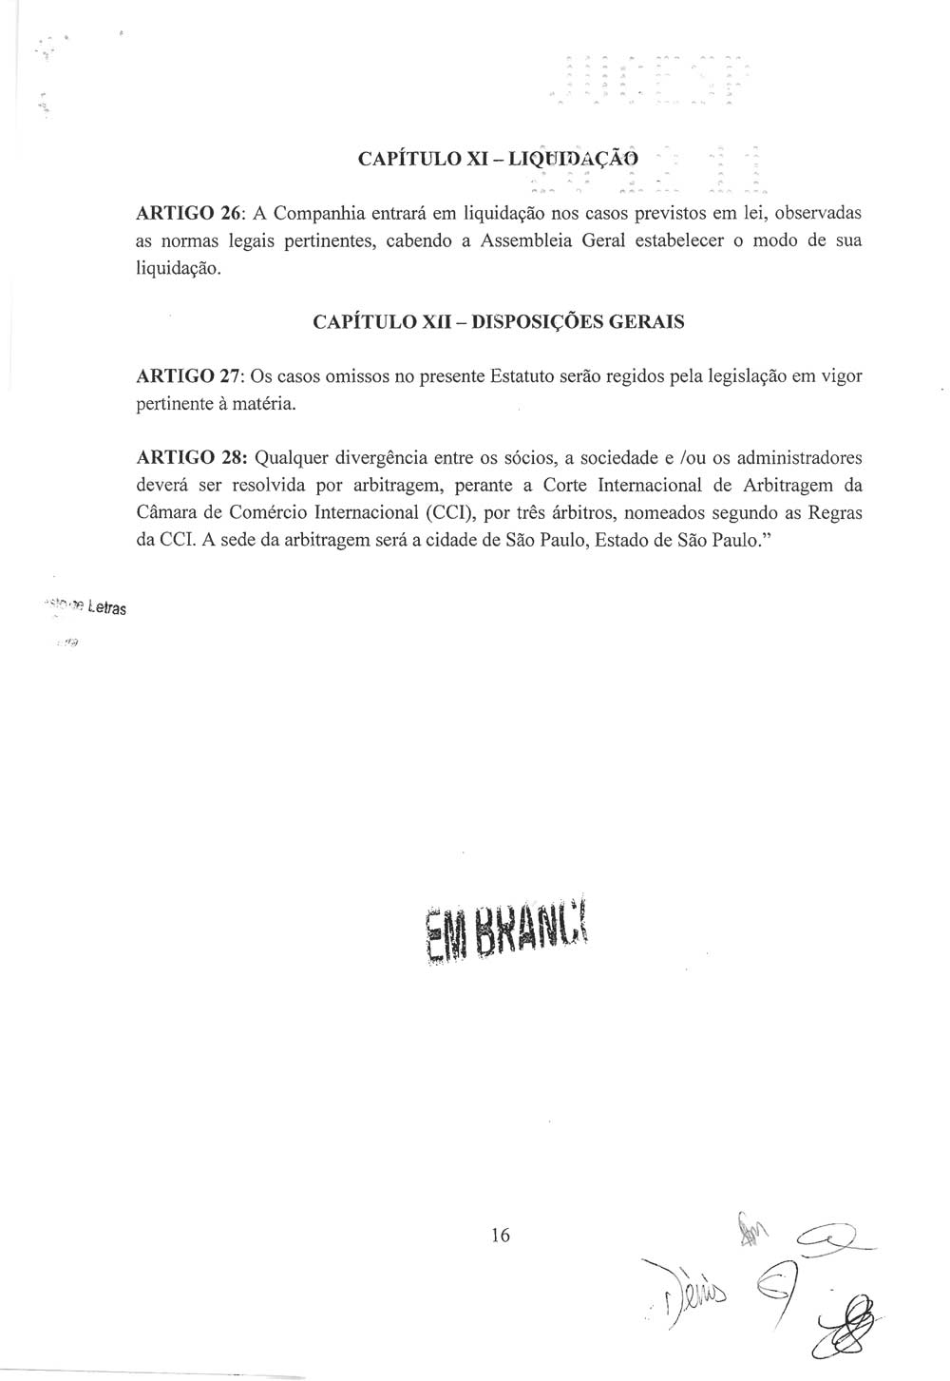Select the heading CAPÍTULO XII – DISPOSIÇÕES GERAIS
pos(498,322)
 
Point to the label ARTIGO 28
pos(186,458)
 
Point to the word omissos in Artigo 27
pos(357,376)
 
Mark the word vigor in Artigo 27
pos(841,376)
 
